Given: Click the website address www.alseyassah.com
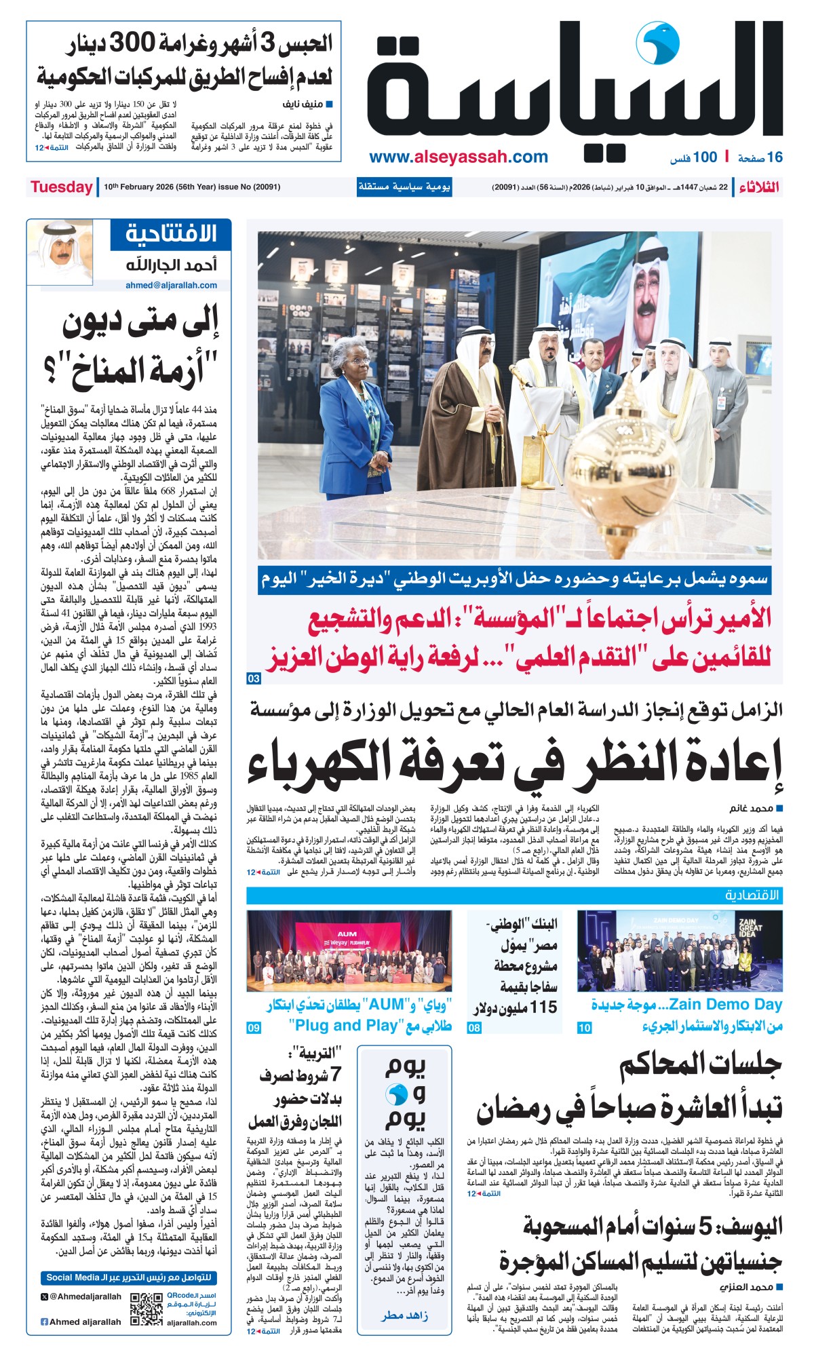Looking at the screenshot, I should point(459,157).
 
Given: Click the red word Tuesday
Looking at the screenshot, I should point(61,187).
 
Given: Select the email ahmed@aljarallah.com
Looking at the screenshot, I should point(171,286).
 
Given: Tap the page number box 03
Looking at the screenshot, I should point(254,679).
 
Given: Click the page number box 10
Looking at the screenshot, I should point(584,1028).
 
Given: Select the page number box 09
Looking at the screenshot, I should point(254,1028).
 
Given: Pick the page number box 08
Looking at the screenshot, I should point(474,1028).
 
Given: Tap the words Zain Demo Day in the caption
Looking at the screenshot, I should point(725,1005).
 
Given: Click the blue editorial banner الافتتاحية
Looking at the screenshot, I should point(172,234).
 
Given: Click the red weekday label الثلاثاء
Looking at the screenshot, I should point(759,187).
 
